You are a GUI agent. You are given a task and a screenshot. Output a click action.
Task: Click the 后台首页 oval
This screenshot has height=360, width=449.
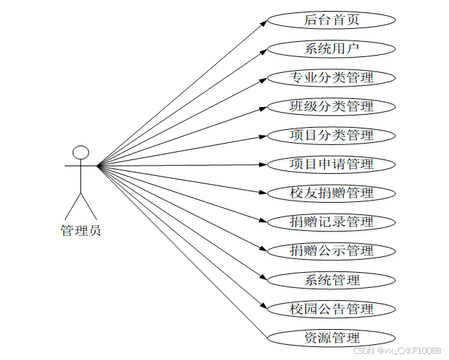[x=332, y=19]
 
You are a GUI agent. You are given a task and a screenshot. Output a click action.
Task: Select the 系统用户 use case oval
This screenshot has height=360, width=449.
[x=332, y=48]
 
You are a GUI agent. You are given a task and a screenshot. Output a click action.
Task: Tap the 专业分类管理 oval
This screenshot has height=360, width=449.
[x=332, y=77]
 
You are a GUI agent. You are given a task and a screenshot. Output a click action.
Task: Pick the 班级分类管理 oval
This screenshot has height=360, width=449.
[x=332, y=106]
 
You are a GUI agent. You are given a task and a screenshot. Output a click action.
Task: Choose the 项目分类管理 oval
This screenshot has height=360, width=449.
[x=332, y=135]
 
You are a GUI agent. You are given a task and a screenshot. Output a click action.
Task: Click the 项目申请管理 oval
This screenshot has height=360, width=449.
[x=332, y=164]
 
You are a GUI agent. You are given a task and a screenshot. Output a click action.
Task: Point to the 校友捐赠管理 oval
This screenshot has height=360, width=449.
[x=332, y=193]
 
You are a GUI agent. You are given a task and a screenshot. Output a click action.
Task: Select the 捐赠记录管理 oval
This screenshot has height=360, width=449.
[x=332, y=222]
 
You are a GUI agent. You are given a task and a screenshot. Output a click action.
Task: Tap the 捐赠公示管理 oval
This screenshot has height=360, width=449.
[x=332, y=251]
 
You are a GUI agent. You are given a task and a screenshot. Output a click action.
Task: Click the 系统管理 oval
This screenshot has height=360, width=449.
[x=332, y=280]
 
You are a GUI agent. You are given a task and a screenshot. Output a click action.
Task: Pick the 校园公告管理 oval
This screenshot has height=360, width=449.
[x=332, y=308]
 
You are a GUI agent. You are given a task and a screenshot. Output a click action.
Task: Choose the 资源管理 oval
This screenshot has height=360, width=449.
[x=332, y=337]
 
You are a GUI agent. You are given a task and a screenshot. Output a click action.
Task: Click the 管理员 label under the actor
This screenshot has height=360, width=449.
[x=81, y=230]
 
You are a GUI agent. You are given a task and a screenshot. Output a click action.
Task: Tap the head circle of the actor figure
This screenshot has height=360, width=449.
[x=81, y=152]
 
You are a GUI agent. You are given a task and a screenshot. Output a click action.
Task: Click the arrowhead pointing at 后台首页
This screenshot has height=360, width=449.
[x=263, y=22]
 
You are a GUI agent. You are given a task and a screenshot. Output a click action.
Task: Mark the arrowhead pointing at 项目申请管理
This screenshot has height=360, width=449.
[x=263, y=164]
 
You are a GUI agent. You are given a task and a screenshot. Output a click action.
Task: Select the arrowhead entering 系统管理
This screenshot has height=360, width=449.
[x=263, y=278]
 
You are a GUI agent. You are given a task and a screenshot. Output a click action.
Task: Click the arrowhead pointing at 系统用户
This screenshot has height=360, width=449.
[x=263, y=50]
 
